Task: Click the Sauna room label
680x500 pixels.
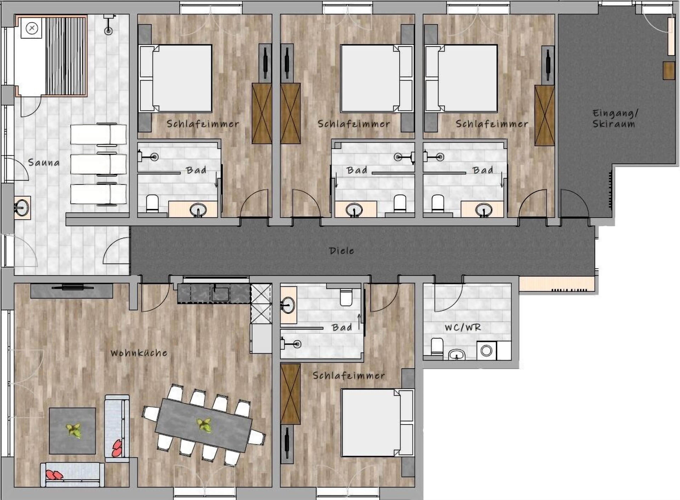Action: coord(44,163)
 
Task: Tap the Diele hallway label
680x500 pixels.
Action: coord(341,251)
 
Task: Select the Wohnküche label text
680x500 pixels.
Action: coord(139,353)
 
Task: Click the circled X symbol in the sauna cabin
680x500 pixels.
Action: coord(32,29)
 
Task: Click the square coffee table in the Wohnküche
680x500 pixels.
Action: coord(72,431)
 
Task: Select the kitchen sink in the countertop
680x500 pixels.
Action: coord(220,293)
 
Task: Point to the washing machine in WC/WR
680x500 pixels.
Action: coord(486,351)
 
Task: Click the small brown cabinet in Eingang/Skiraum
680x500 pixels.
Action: coord(669,70)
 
